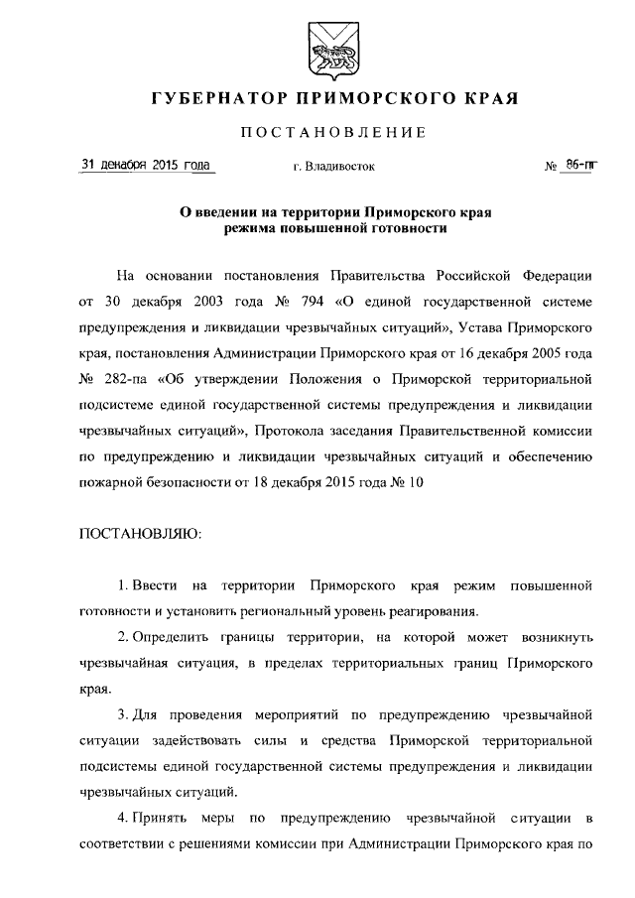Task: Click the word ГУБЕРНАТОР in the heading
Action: coord(209,99)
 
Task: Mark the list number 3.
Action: coord(121,714)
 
